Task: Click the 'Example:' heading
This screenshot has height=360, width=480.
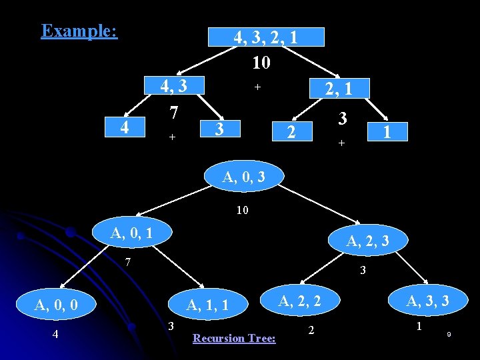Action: pyautogui.click(x=79, y=31)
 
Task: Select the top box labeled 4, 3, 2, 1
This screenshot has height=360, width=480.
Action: pyautogui.click(x=266, y=37)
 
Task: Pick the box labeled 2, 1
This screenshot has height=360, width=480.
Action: pyautogui.click(x=338, y=88)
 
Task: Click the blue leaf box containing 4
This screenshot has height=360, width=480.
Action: pyautogui.click(x=124, y=125)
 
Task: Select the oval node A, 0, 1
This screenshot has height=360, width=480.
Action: pyautogui.click(x=131, y=233)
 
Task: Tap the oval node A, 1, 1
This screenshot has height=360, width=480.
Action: pyautogui.click(x=208, y=305)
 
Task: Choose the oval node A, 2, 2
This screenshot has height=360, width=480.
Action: pyautogui.click(x=299, y=301)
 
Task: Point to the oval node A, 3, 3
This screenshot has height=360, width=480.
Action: pyautogui.click(x=427, y=301)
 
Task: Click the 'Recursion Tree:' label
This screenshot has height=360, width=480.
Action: pyautogui.click(x=234, y=338)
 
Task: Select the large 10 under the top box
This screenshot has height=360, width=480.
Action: pyautogui.click(x=261, y=63)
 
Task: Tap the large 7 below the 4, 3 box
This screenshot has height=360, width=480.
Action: pyautogui.click(x=173, y=113)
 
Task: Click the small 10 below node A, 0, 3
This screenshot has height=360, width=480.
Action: pyautogui.click(x=242, y=211)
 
